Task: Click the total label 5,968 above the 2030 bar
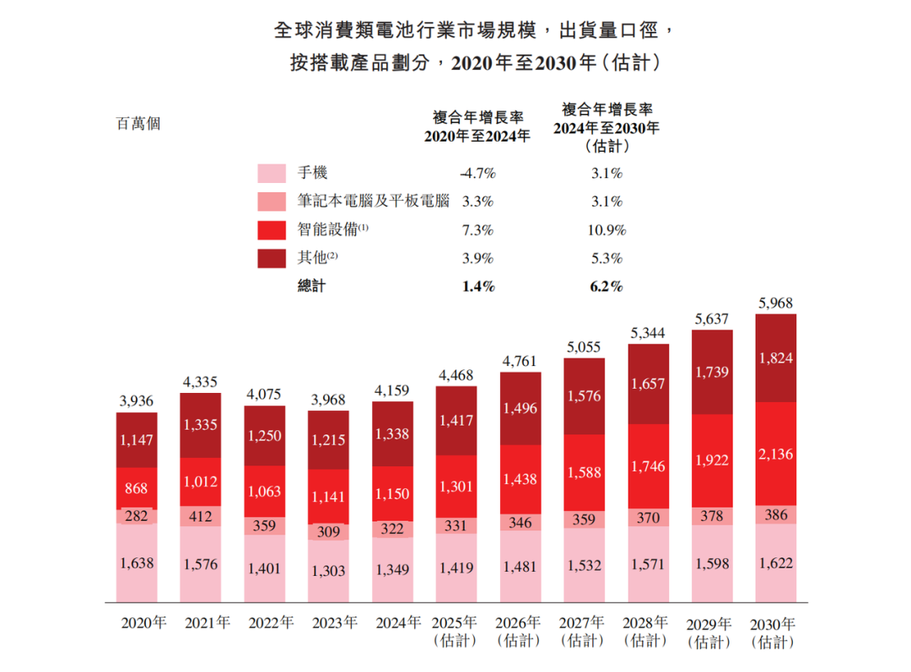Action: coord(775,304)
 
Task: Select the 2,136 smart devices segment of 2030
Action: coord(775,455)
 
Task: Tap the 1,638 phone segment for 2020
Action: coord(137,562)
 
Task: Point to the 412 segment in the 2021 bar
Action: coord(200,516)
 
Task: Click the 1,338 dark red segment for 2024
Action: coord(392,434)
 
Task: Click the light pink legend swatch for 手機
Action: coord(272,175)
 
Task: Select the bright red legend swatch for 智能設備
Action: coord(272,230)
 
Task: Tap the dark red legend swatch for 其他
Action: coord(272,258)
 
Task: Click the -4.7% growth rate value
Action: coord(477,174)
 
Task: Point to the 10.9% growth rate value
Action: coord(606,230)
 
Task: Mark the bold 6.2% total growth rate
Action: coord(606,287)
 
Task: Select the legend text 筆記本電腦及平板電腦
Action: coord(373,202)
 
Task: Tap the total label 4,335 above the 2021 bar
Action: coord(200,383)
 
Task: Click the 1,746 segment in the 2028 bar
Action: coord(648,465)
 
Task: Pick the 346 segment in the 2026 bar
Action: coord(520,523)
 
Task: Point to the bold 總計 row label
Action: coord(311,287)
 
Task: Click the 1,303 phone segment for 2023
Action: coord(328,571)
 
